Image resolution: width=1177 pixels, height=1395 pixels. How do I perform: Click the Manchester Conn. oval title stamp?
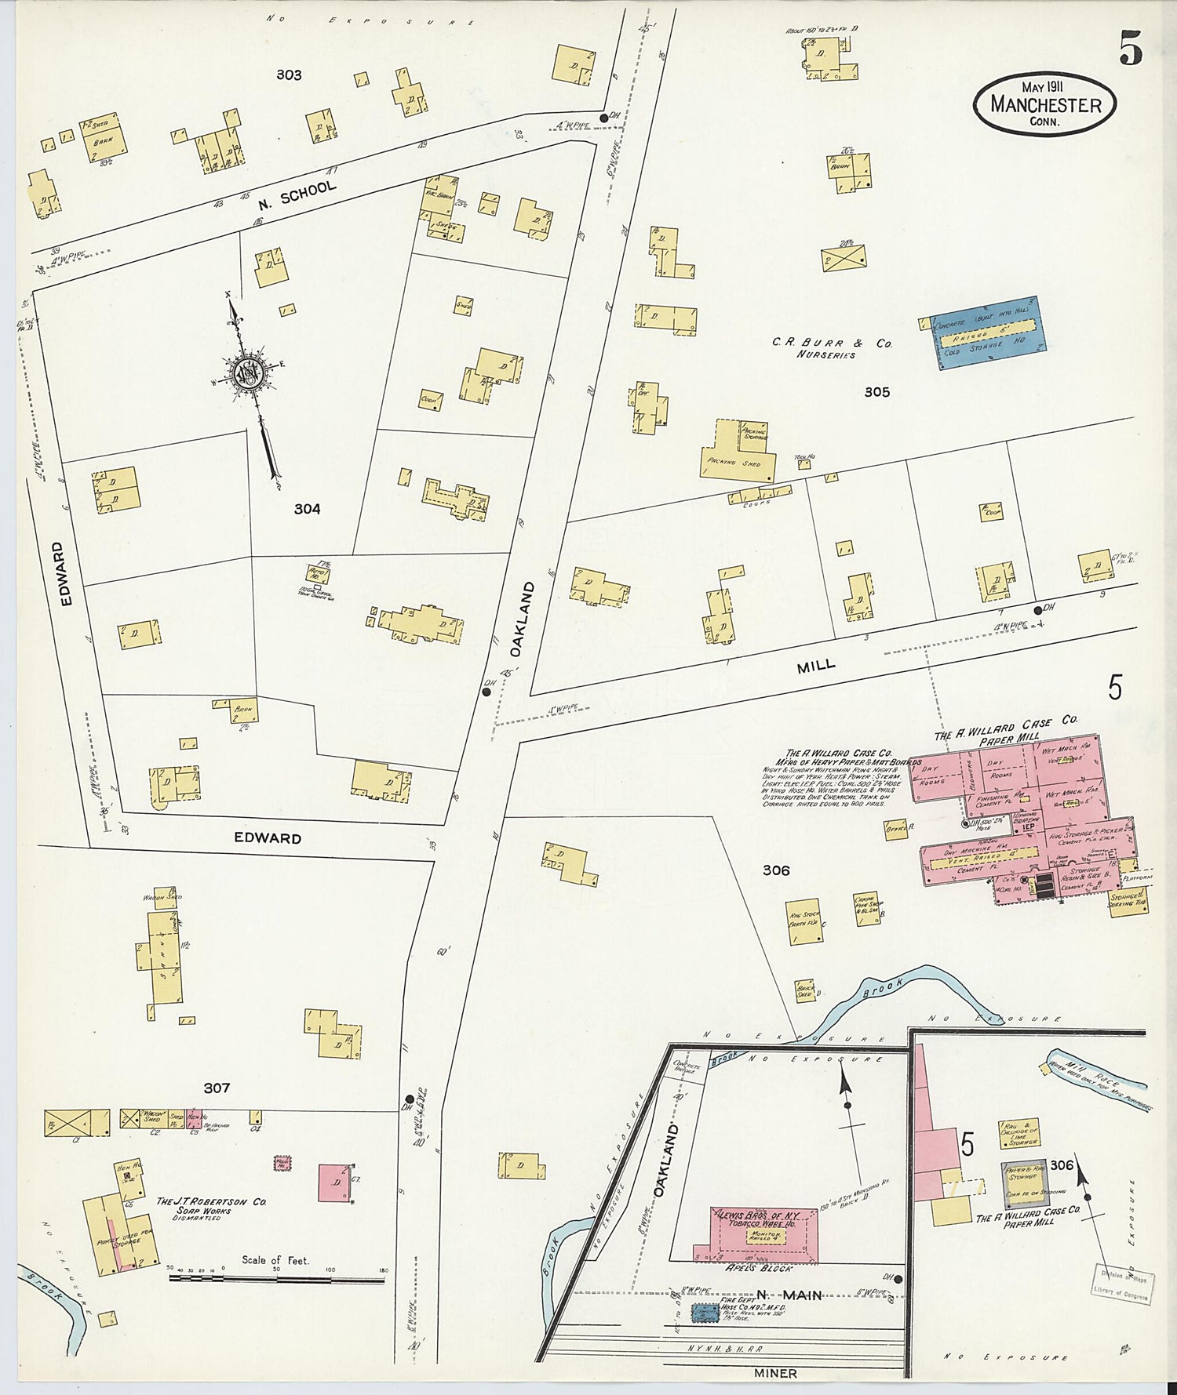tap(1044, 104)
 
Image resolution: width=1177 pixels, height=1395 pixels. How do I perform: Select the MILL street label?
tap(816, 667)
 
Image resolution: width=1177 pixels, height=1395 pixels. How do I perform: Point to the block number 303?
tap(289, 75)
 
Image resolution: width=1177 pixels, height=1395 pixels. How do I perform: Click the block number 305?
tap(876, 392)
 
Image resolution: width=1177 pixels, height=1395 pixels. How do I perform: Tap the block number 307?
tap(217, 1088)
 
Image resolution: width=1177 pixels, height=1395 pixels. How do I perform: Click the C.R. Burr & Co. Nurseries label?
tap(832, 348)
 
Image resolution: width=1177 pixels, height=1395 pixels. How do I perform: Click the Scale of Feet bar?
tap(276, 1279)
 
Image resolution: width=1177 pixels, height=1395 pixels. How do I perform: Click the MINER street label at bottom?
tap(775, 1373)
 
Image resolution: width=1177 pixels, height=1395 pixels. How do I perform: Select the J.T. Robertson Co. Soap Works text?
tap(211, 1205)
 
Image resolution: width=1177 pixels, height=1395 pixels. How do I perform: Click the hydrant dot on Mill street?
tap(1038, 609)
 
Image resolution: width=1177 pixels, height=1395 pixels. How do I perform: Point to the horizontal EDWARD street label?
tap(268, 837)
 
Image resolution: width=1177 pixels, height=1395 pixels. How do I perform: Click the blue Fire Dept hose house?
tap(705, 1313)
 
